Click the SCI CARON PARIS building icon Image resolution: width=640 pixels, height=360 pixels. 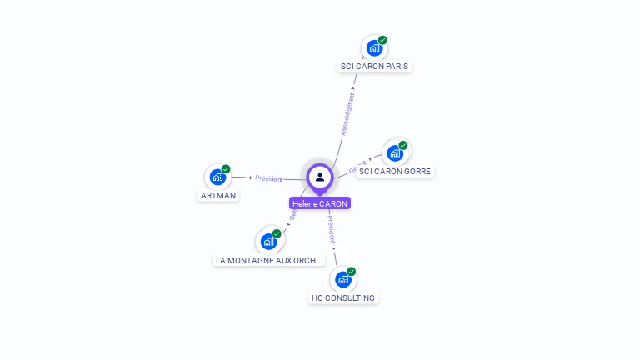(374, 48)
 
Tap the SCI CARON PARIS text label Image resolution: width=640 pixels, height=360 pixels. (374, 66)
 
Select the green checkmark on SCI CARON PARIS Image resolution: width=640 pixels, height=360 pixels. (382, 40)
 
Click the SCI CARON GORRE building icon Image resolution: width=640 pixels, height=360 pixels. (395, 153)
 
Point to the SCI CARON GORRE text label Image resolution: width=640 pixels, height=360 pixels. (396, 171)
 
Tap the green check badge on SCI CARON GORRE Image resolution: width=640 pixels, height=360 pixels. (403, 146)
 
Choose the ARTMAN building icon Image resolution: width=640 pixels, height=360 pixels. (217, 177)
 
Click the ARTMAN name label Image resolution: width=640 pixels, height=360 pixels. (218, 195)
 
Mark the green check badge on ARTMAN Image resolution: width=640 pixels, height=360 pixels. (226, 169)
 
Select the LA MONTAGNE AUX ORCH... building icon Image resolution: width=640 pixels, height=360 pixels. (268, 242)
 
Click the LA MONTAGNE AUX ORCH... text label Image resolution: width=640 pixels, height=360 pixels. (268, 260)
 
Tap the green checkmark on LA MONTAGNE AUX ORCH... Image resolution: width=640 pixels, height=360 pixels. (277, 233)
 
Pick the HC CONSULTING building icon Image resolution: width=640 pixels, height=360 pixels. (342, 279)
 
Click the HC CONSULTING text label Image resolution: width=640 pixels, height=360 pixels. (343, 297)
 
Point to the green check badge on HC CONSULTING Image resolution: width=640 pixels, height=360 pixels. (352, 272)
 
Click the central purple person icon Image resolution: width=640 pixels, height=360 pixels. (320, 177)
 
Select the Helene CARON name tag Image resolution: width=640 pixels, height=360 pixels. (320, 203)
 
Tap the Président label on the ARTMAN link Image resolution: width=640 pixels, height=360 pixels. (268, 178)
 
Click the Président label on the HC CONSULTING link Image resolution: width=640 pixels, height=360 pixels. (331, 229)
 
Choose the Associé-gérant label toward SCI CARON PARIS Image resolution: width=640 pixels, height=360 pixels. (347, 113)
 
